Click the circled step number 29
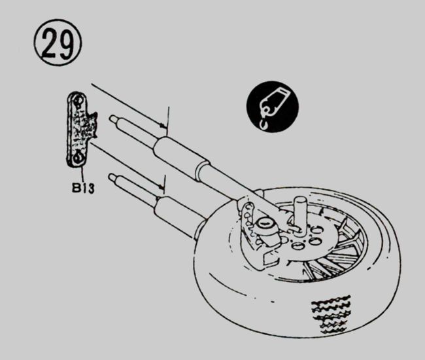coord(58,43)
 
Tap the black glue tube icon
coord(273,107)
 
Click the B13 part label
coord(83,188)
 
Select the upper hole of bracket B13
coord(80,101)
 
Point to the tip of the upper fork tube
coord(111,118)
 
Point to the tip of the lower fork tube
coord(110,177)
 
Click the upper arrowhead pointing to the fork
coord(163,126)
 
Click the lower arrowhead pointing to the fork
coord(161,187)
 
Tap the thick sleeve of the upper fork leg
coord(181,157)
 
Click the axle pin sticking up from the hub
coord(300,211)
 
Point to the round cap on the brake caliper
coord(264,224)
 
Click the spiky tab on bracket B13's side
coord(92,125)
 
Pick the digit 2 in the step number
coord(51,43)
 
